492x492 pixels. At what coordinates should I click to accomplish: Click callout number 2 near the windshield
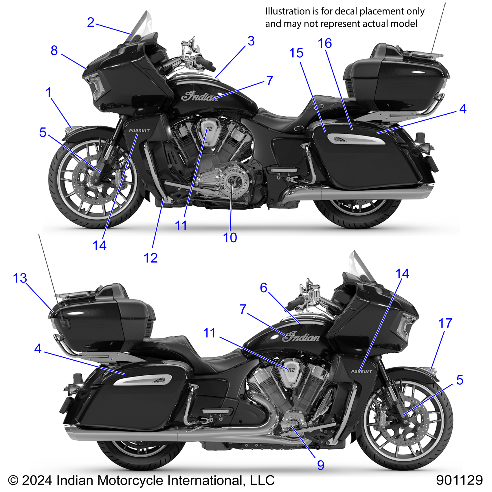91,23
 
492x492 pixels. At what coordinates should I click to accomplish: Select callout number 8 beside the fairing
54,51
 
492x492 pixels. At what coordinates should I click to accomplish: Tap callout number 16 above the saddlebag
325,44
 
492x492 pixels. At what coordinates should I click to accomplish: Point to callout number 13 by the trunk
20,278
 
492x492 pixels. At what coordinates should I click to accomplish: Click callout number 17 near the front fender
445,324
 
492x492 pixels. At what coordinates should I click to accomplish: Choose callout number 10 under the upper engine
230,238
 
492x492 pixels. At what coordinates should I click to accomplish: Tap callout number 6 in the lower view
263,288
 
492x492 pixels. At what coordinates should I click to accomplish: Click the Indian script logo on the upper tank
200,96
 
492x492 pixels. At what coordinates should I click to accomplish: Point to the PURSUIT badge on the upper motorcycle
139,131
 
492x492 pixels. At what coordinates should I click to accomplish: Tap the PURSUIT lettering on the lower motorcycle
361,372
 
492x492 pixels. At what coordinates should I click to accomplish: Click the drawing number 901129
459,480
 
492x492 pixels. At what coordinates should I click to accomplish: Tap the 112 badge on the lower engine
291,370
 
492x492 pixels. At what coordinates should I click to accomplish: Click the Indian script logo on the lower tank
301,337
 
